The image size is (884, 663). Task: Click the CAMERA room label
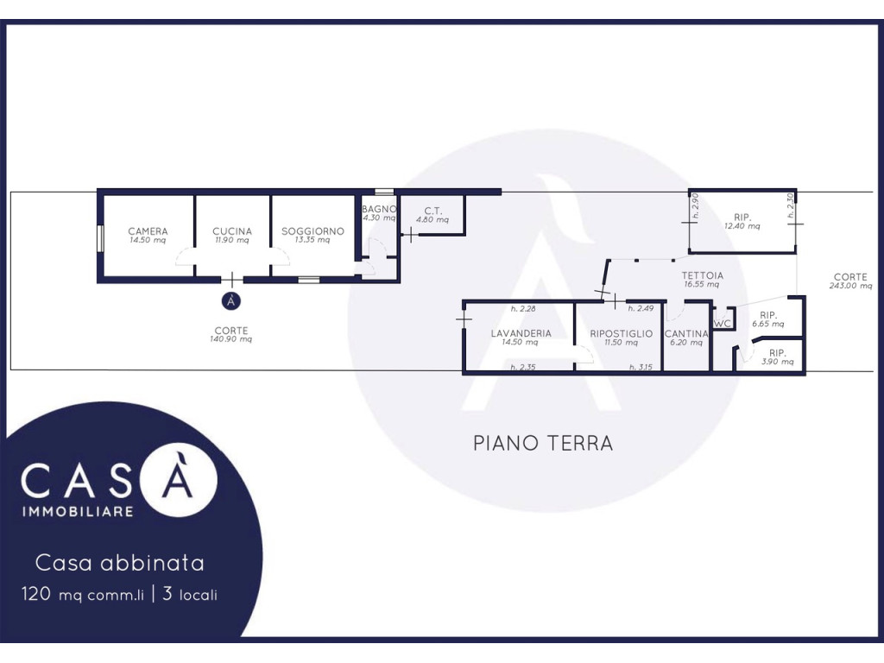(x=148, y=231)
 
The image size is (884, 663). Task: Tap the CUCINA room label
(x=232, y=231)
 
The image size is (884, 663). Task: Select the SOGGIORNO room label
(x=313, y=231)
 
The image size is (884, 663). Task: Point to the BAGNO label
(x=379, y=209)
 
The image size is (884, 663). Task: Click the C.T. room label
(x=433, y=211)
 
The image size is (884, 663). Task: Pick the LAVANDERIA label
(x=521, y=333)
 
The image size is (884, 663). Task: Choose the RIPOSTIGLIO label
(x=622, y=333)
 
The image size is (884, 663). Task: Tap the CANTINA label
(x=686, y=334)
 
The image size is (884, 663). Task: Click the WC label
(x=723, y=324)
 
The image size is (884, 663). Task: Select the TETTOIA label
(x=703, y=275)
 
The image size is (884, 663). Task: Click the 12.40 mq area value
(x=742, y=226)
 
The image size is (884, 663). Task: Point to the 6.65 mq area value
(x=767, y=325)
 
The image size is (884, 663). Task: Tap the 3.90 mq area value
(x=778, y=362)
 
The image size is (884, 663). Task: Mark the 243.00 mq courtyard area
(x=850, y=286)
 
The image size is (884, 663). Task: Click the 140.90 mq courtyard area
(x=231, y=339)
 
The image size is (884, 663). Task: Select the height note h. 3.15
(x=641, y=367)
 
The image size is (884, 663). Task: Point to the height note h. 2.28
(x=523, y=308)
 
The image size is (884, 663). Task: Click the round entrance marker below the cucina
(x=231, y=301)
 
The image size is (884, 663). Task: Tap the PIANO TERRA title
(x=543, y=443)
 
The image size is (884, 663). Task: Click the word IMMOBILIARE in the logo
(x=78, y=512)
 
